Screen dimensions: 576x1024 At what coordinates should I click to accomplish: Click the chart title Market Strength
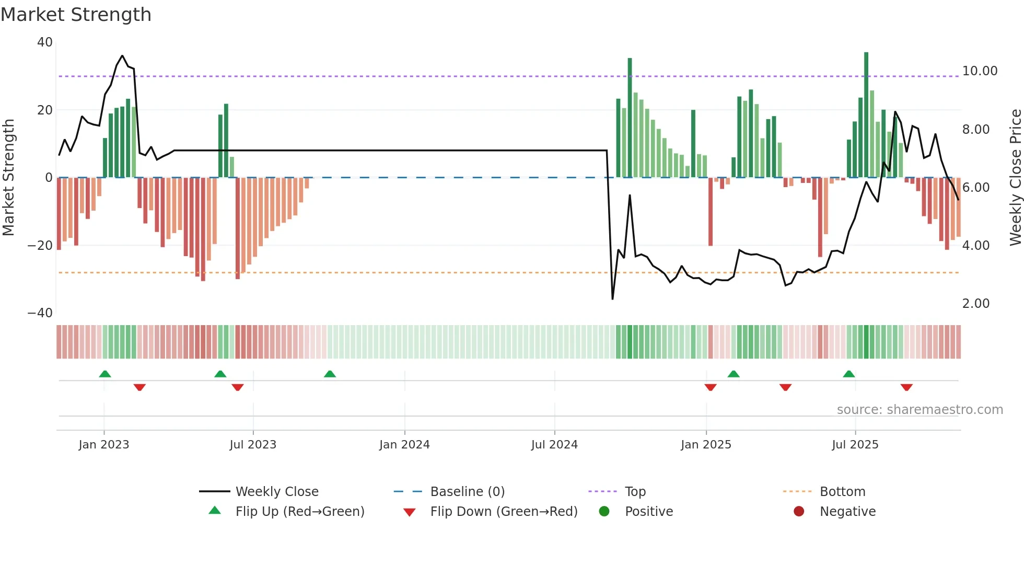coord(76,15)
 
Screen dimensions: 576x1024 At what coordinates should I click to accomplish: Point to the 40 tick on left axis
coord(45,42)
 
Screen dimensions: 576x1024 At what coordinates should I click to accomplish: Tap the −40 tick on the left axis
coord(40,313)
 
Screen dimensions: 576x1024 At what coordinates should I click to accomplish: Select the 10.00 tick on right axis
coord(980,71)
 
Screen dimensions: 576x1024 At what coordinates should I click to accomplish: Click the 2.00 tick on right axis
coord(975,304)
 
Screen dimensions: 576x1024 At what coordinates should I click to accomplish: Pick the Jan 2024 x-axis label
coord(404,445)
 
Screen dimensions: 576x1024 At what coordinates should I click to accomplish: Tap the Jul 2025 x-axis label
coord(855,445)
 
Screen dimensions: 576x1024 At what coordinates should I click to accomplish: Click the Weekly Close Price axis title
coord(1015,178)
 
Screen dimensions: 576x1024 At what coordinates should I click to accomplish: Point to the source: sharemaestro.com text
coord(920,410)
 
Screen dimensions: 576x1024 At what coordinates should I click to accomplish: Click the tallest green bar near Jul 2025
coord(866,115)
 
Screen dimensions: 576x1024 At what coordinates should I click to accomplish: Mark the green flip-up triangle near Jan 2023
coord(105,374)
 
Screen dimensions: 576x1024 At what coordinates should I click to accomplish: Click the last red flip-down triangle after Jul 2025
coord(906,387)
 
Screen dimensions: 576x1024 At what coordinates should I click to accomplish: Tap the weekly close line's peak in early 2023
coord(122,55)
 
